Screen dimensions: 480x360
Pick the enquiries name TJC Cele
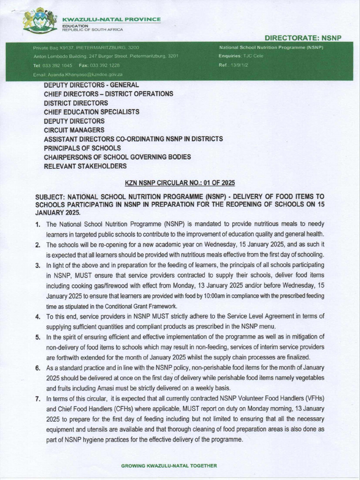pos(254,56)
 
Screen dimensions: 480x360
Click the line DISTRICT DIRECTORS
pos(76,103)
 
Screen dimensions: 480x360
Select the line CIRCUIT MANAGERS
pos(74,130)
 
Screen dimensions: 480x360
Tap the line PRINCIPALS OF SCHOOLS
pos(82,148)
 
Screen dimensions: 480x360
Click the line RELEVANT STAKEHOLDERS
pos(85,166)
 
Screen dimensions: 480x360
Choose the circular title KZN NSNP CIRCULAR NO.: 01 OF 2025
pos(180,182)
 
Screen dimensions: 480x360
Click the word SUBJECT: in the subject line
pos(51,196)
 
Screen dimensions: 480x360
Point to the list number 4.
pos(38,317)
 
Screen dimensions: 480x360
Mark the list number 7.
pos(38,398)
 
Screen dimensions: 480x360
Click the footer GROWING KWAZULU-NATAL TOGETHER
pos(169,466)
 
